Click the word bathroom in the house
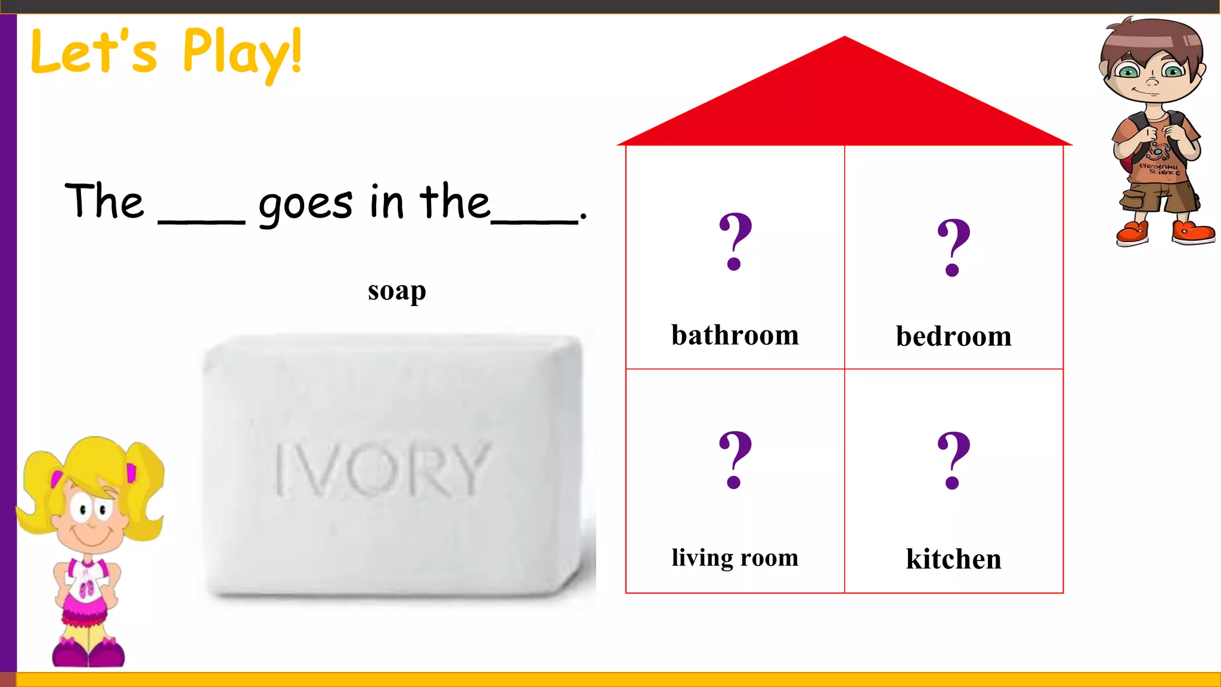(x=735, y=335)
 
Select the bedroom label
(x=953, y=336)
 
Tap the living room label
(x=735, y=558)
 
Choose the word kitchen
(x=953, y=559)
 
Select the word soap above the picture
(x=396, y=292)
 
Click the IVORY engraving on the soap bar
(x=382, y=469)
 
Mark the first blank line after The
(x=202, y=222)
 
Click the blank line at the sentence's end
(x=534, y=222)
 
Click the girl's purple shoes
(x=88, y=652)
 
